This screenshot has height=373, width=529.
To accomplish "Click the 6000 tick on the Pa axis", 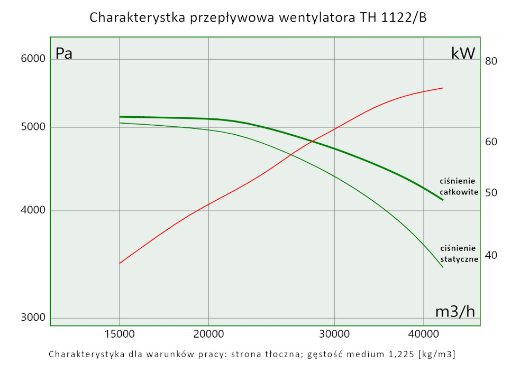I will pyautogui.click(x=33, y=59).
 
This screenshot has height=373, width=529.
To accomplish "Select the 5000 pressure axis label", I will pyautogui.click(x=33, y=127).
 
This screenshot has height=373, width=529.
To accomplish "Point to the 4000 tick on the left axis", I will pyautogui.click(x=33, y=211).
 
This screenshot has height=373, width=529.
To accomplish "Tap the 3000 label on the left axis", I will pyautogui.click(x=33, y=318).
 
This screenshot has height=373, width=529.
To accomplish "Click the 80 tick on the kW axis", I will pyautogui.click(x=491, y=61).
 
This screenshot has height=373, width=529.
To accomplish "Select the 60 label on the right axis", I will pyautogui.click(x=491, y=142).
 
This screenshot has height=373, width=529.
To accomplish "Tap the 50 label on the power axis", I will pyautogui.click(x=491, y=193).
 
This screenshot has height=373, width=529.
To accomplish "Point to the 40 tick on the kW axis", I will pyautogui.click(x=491, y=255).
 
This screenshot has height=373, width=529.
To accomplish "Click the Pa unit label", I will pyautogui.click(x=64, y=54).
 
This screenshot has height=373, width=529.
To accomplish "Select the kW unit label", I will pyautogui.click(x=463, y=53).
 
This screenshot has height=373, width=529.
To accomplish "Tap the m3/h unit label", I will pyautogui.click(x=455, y=312).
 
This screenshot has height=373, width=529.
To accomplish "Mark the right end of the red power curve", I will pyautogui.click(x=442, y=88).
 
